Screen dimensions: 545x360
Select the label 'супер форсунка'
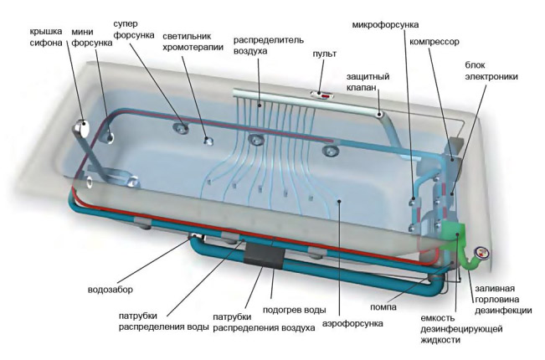134,30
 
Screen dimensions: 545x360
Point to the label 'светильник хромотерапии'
193,43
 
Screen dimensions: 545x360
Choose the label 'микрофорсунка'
385,25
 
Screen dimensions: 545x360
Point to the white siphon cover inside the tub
84,127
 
